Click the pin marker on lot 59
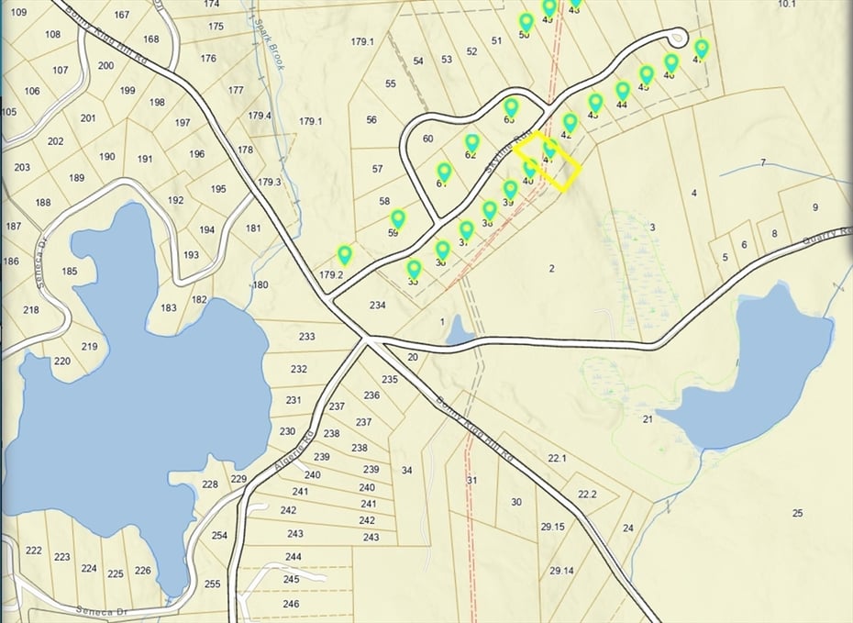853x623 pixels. click(398, 220)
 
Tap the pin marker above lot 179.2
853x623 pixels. click(345, 255)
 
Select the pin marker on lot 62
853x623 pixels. click(472, 143)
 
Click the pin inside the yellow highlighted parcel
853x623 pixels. click(550, 148)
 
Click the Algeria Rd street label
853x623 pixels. click(294, 451)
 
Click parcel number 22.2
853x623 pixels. click(587, 495)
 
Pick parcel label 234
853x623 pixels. click(377, 305)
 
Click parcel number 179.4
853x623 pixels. click(260, 116)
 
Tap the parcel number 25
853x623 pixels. click(797, 512)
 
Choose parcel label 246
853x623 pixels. click(291, 605)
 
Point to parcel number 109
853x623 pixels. click(17, 12)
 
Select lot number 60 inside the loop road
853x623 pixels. click(427, 139)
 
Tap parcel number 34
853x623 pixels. click(406, 471)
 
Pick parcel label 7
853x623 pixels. click(762, 162)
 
